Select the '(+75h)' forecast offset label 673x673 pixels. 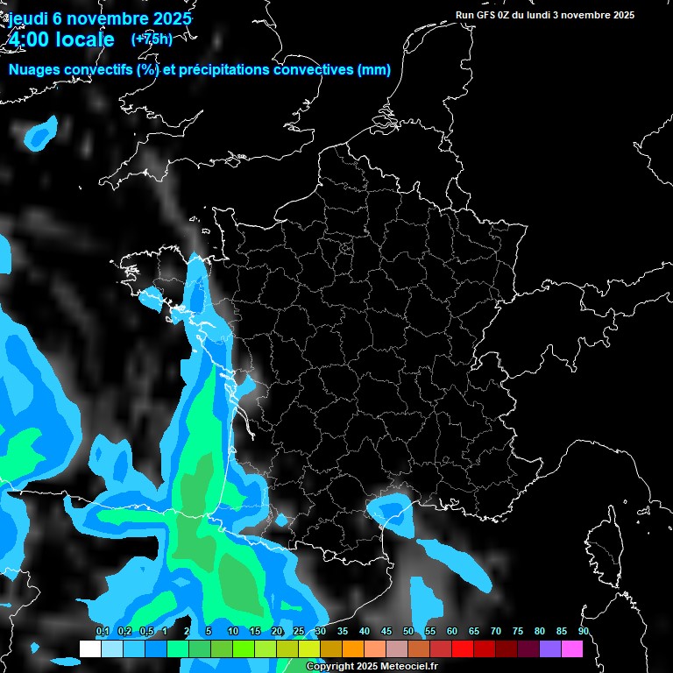[152, 39]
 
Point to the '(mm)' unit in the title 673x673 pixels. [374, 70]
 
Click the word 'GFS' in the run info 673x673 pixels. [492, 15]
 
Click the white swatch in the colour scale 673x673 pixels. [89, 648]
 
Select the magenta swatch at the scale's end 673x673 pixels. [572, 648]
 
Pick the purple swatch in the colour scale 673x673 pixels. [550, 648]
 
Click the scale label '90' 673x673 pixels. [583, 632]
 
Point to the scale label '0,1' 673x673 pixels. [102, 632]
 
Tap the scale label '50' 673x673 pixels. [408, 632]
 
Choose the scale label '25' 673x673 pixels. [299, 632]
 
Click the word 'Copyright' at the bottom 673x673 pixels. [331, 667]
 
